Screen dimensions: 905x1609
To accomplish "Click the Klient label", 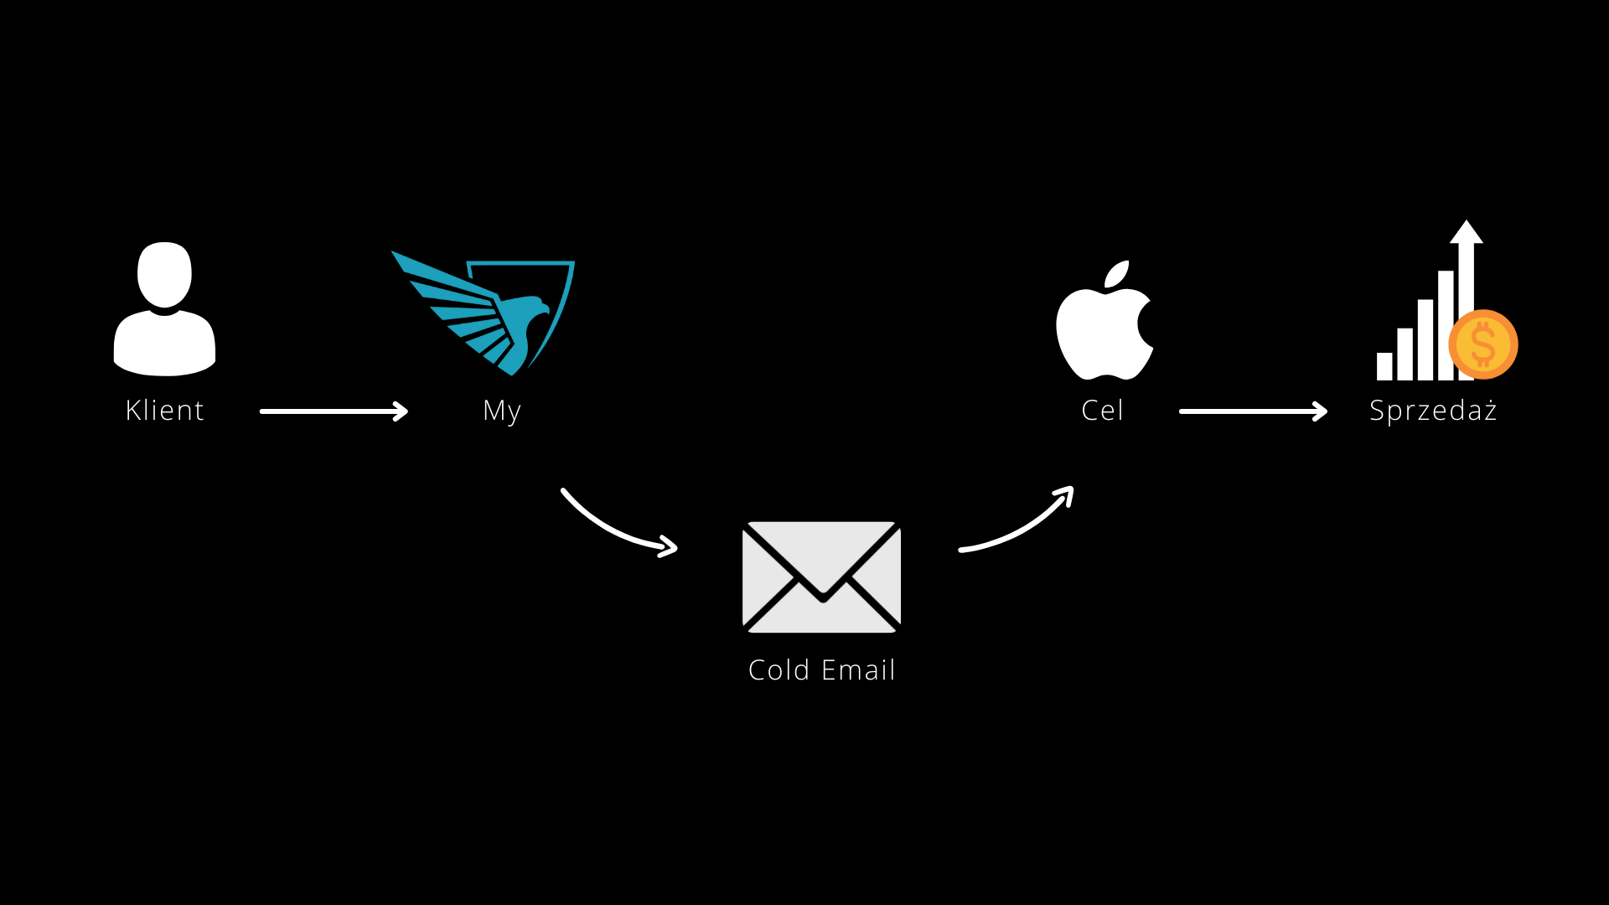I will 164,411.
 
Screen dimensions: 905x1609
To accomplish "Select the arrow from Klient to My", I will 334,411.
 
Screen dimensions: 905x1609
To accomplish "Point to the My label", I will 501,411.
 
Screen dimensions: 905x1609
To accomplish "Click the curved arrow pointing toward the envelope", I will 616,528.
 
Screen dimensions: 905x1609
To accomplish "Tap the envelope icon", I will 821,577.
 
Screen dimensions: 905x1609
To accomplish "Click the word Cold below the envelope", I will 779,670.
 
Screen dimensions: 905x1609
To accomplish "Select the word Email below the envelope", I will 858,670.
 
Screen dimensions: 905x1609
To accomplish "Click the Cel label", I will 1102,411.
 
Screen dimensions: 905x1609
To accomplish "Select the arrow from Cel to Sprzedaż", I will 1253,411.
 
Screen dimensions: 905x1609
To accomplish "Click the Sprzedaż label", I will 1433,411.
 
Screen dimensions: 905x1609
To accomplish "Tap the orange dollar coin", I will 1483,344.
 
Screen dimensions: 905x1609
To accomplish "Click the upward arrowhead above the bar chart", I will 1467,232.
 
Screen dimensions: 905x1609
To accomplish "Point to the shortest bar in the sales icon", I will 1384,366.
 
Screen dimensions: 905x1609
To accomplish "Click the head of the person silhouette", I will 164,275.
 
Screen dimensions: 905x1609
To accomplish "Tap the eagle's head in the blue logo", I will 533,308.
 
